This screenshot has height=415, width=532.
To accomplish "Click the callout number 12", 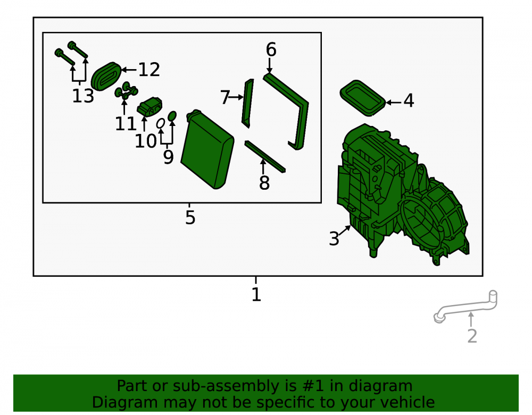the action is tap(149, 70).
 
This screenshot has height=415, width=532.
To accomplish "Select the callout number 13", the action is tap(83, 96).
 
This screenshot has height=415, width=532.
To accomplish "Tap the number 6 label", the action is tap(271, 50).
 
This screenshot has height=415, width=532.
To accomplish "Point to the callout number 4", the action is tap(409, 100).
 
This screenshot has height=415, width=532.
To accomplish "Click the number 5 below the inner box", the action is tap(190, 217).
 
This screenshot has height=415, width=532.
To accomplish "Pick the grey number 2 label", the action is tap(472, 336).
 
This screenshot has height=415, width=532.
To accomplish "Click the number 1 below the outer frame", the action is tap(256, 294).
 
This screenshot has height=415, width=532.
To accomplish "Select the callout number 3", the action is tap(334, 239).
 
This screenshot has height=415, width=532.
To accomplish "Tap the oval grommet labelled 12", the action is tap(106, 76).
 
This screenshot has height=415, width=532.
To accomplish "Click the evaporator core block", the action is tap(207, 149).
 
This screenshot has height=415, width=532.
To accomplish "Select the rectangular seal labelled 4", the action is tap(363, 98).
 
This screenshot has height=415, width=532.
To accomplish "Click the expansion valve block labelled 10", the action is tap(149, 106).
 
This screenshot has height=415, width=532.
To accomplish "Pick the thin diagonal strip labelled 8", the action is tap(265, 157).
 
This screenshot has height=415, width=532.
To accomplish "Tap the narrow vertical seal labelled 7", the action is tap(248, 103).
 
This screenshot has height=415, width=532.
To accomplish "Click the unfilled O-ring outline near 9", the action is tap(161, 123).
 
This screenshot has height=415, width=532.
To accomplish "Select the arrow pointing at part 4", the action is tap(394, 102).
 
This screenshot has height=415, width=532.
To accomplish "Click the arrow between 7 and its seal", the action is tap(237, 97).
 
